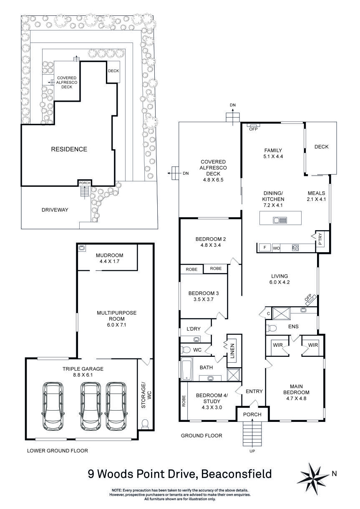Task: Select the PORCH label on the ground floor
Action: click(252, 414)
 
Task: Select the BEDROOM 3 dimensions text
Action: click(203, 299)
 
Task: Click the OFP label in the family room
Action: click(253, 129)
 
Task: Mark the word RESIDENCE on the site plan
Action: click(69, 149)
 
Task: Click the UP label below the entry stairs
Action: click(252, 451)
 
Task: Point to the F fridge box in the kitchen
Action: click(264, 248)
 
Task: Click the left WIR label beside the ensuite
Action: click(277, 345)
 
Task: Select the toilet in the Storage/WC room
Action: click(145, 424)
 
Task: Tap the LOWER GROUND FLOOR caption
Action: click(58, 451)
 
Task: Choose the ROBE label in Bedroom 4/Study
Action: click(184, 401)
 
